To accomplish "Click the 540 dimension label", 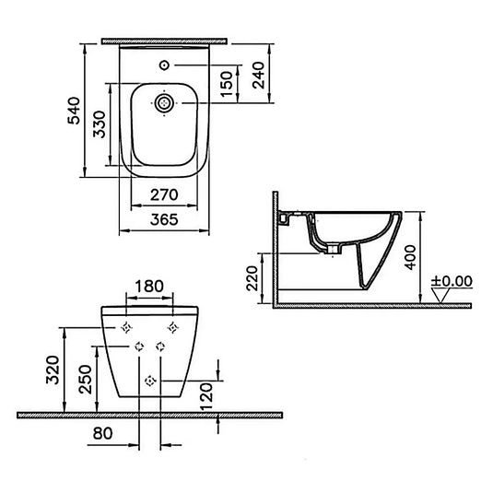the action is (75, 111).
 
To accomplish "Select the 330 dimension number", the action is (100, 124).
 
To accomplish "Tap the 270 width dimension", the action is (164, 194).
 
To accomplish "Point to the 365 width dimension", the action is (164, 219).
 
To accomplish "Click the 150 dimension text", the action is (227, 84).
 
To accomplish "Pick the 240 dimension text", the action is (258, 76).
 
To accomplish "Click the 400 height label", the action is (410, 257).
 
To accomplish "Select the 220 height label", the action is (252, 278).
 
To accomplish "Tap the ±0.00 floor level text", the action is (452, 281).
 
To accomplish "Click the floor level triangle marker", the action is (440, 296).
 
